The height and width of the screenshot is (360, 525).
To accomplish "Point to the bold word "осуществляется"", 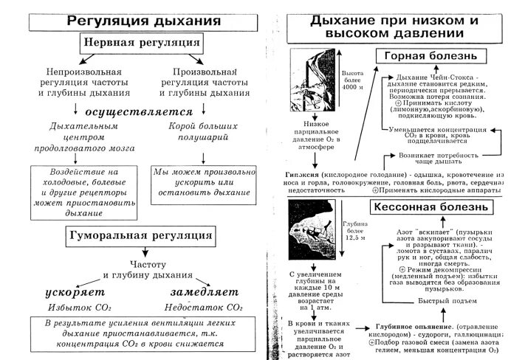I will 138,113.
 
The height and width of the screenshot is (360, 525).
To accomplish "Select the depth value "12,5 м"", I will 355,238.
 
